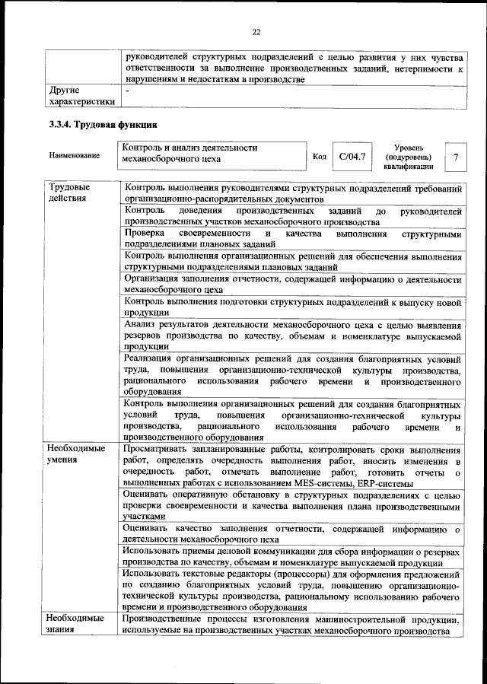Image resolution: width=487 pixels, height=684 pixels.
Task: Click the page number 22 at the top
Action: pyautogui.click(x=256, y=31)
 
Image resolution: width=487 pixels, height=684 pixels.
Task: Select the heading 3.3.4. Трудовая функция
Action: pyautogui.click(x=103, y=124)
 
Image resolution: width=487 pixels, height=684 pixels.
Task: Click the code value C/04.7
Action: pyautogui.click(x=352, y=156)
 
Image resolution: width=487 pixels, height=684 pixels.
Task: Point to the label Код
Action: pyautogui.click(x=320, y=156)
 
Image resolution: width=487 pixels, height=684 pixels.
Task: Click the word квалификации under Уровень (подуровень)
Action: pyautogui.click(x=409, y=166)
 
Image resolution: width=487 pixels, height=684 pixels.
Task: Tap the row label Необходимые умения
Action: pyautogui.click(x=76, y=454)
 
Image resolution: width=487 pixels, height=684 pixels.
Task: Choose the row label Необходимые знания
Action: pyautogui.click(x=76, y=624)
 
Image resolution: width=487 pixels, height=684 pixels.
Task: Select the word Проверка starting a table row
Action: pyautogui.click(x=145, y=234)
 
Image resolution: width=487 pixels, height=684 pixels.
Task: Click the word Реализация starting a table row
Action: pyautogui.click(x=151, y=358)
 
